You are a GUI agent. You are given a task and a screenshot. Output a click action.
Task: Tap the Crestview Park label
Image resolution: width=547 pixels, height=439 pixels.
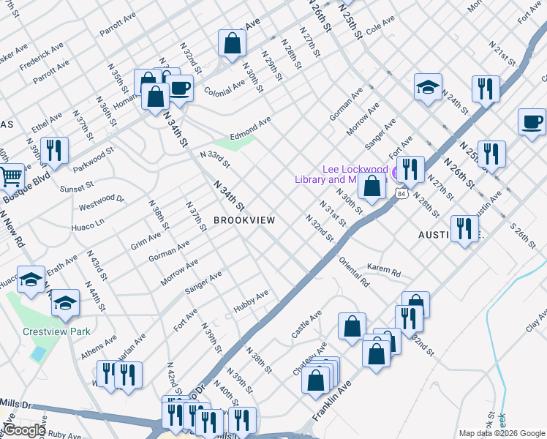point(56,331)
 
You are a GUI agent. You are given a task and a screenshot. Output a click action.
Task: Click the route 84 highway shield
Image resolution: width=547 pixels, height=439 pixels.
point(401,193)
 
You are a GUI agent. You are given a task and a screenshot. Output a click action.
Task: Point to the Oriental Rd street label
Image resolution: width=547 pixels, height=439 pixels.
point(353,271)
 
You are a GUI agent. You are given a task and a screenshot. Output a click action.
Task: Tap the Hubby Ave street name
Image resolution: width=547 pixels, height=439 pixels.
point(251,300)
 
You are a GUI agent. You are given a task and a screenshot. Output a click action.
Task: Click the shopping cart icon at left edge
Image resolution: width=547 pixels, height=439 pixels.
point(10,177)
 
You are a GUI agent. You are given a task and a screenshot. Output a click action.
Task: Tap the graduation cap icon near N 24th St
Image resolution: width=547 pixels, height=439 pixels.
point(428,88)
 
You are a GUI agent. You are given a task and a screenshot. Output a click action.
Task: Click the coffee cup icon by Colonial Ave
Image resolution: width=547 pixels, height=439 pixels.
point(180,89)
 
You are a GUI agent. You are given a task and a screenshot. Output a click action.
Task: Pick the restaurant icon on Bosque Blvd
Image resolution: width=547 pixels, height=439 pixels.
point(54,151)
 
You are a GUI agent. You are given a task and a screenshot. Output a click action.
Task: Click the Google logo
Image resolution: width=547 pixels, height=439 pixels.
point(24,429)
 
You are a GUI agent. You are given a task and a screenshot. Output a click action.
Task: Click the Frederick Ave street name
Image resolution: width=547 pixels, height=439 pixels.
point(42,56)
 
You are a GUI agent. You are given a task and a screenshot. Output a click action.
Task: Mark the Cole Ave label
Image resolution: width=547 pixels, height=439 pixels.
point(380,28)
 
